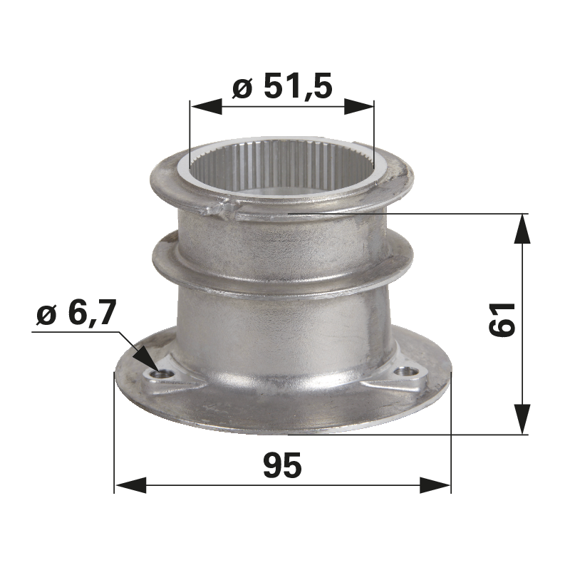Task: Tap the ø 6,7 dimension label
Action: click(76, 313)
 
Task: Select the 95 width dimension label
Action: click(282, 465)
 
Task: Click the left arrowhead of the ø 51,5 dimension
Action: click(206, 107)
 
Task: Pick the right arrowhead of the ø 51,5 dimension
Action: click(359, 107)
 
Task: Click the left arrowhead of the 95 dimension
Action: click(130, 485)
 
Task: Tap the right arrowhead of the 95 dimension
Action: click(435, 485)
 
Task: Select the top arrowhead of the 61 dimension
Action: click(522, 228)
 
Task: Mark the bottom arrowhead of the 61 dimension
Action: click(522, 419)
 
